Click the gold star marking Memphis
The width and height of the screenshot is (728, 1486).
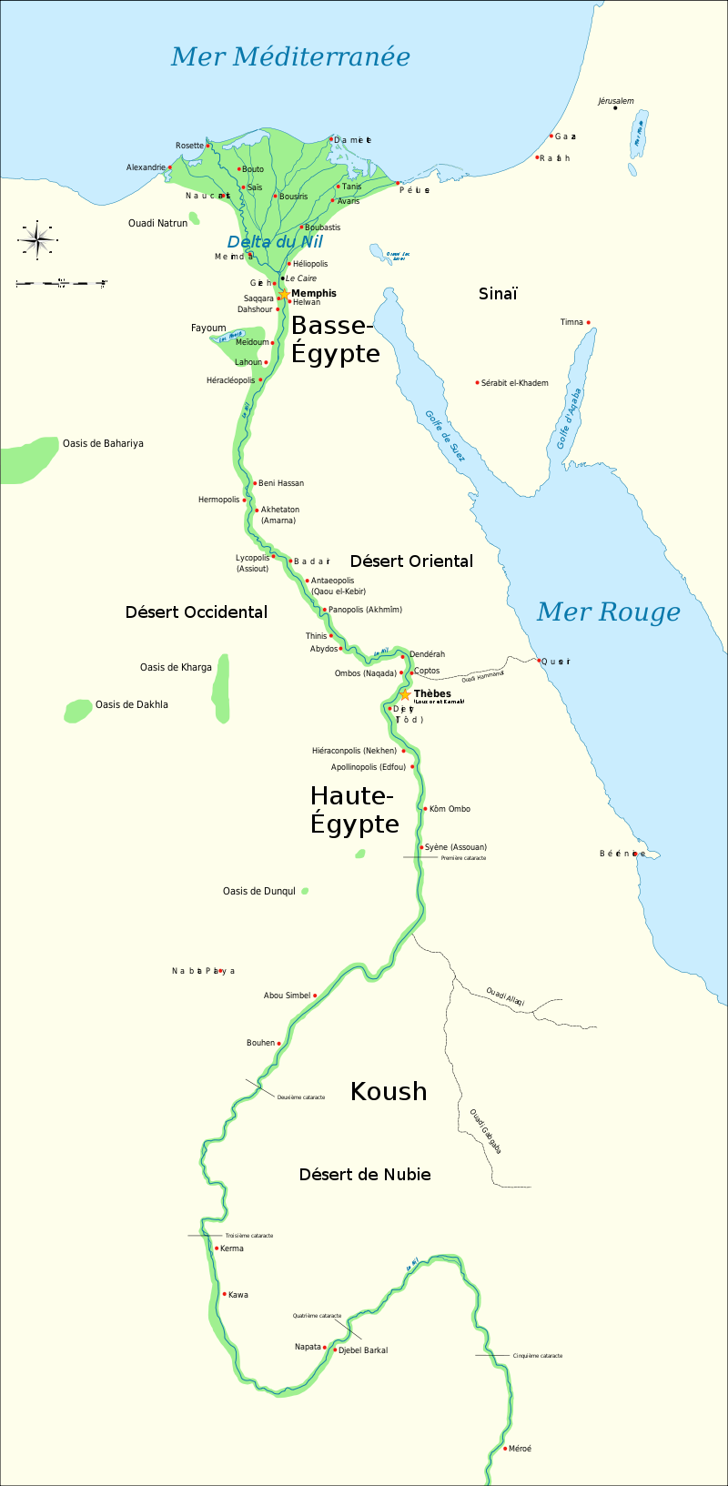pos(284,294)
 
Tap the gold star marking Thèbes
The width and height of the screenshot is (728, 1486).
pos(405,694)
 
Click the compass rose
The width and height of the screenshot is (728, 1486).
pos(37,239)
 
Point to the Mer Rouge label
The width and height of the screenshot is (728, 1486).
pos(608,612)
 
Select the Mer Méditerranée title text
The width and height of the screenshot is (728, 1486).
pos(290,56)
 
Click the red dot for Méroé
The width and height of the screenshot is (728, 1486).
pos(505,1448)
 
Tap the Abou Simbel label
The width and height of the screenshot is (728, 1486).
pos(287,996)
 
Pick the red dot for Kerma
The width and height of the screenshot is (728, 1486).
pos(217,1248)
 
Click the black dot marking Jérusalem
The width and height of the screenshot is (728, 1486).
pos(615,108)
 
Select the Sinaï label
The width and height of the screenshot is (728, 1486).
pos(498,293)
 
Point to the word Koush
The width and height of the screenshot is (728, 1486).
pos(389,1091)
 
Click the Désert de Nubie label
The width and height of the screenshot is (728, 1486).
pos(365,1175)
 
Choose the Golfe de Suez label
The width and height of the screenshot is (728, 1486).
pos(444,436)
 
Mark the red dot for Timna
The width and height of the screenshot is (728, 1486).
pos(589,322)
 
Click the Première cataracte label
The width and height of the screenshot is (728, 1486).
pos(463,858)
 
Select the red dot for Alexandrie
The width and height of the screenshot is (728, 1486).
pos(170,167)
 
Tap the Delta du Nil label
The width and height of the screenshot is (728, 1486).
pos(275,242)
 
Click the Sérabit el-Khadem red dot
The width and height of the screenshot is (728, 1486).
pos(477,383)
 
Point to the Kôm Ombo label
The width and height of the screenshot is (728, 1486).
pos(450,809)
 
